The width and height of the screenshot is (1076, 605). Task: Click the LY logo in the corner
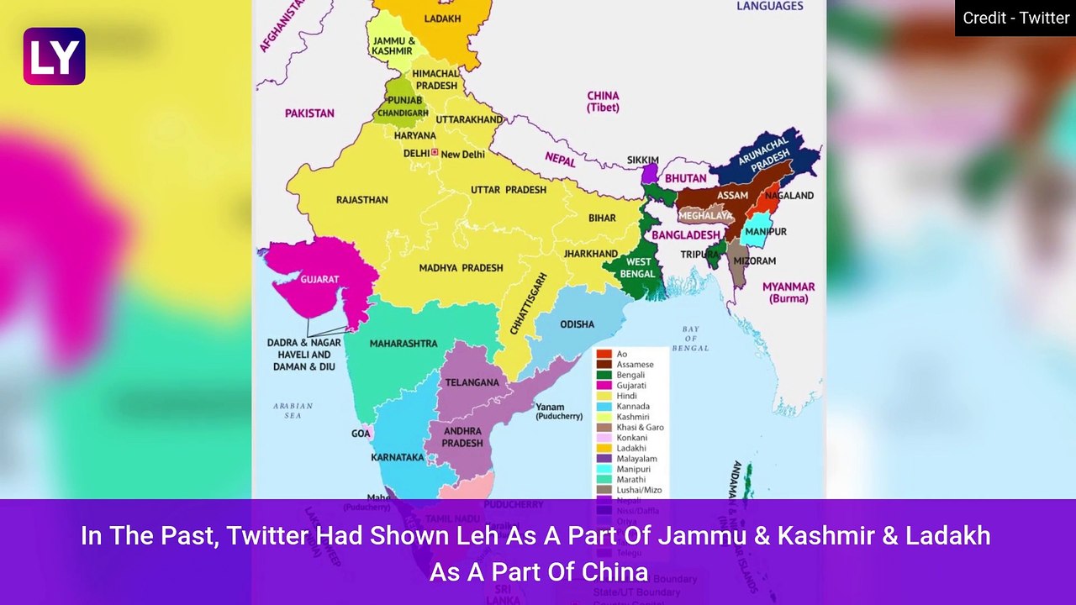click(x=54, y=56)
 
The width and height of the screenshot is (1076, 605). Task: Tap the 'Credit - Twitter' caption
click(x=1015, y=18)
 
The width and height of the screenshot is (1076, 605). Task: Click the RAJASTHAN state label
click(x=361, y=200)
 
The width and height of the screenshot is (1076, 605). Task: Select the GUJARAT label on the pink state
click(x=319, y=279)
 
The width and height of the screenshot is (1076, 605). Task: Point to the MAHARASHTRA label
click(x=403, y=344)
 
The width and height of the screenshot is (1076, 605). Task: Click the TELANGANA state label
click(x=472, y=382)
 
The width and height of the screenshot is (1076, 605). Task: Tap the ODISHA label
click(x=577, y=324)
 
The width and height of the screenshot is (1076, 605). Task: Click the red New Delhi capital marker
click(x=435, y=153)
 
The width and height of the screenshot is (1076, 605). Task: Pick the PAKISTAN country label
click(x=309, y=113)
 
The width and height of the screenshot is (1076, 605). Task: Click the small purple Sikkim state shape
click(x=649, y=174)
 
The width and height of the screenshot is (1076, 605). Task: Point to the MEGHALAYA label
click(x=705, y=216)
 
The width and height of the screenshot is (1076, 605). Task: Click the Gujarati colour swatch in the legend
click(x=604, y=386)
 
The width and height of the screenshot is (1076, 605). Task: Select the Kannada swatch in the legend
click(x=604, y=407)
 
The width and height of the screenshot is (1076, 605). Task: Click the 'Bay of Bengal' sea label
click(x=690, y=339)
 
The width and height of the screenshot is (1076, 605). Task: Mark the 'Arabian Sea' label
click(x=293, y=410)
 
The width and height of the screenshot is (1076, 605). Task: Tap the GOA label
click(x=361, y=434)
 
